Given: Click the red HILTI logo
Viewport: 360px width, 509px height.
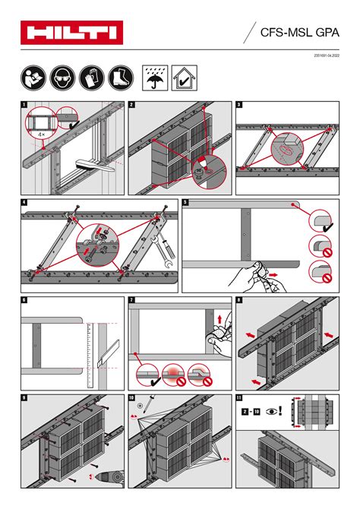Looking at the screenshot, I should [x=70, y=32].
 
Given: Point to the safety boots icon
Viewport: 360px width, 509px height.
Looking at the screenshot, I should [x=118, y=77].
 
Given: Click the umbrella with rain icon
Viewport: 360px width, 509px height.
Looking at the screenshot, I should [x=156, y=77].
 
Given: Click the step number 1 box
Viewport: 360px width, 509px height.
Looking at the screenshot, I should [x=24, y=105].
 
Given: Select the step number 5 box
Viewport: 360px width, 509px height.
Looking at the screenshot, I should [x=185, y=202].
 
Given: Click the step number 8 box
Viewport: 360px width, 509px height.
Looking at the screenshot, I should [x=239, y=300].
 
